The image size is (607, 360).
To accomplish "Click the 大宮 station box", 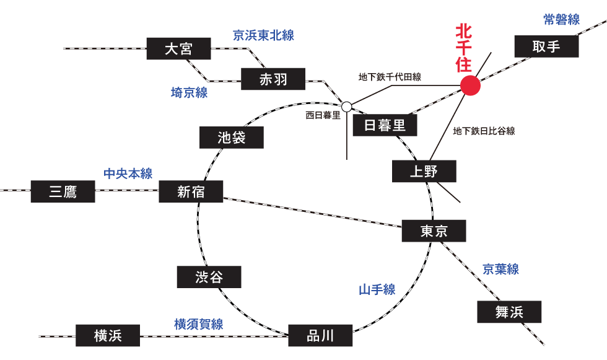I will click(179, 49).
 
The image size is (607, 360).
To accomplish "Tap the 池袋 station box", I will click(232, 138).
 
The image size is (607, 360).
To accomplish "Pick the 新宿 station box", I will click(191, 192).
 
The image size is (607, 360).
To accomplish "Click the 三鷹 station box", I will click(63, 192).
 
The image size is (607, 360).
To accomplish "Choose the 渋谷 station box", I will click(209, 277).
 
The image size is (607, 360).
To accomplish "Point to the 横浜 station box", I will click(108, 336).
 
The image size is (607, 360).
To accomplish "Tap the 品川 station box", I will click(320, 336).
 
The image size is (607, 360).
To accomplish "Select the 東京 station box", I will click(434, 231).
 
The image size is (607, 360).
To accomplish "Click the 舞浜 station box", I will click(509, 312).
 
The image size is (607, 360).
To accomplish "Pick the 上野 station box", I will click(424, 172).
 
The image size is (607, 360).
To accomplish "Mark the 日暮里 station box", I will click(385, 126).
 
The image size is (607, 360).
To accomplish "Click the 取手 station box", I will click(546, 46).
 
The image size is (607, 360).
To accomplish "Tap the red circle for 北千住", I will click(471, 86).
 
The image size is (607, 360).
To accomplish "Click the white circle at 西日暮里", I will click(347, 106).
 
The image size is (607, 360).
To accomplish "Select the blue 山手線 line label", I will click(377, 289).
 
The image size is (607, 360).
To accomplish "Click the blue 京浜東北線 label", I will click(263, 35).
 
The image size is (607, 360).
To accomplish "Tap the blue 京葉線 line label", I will click(500, 269).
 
